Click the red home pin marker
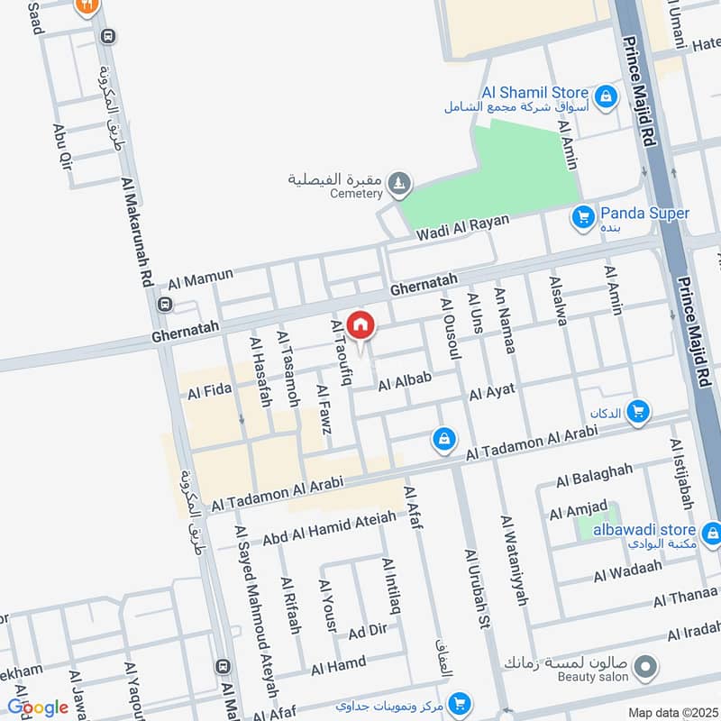tap(360, 325)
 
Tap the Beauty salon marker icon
tap(644, 668)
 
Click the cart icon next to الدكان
tap(638, 411)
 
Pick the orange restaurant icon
tap(87, 5)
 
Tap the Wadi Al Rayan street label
tap(462, 227)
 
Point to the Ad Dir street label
tap(367, 632)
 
